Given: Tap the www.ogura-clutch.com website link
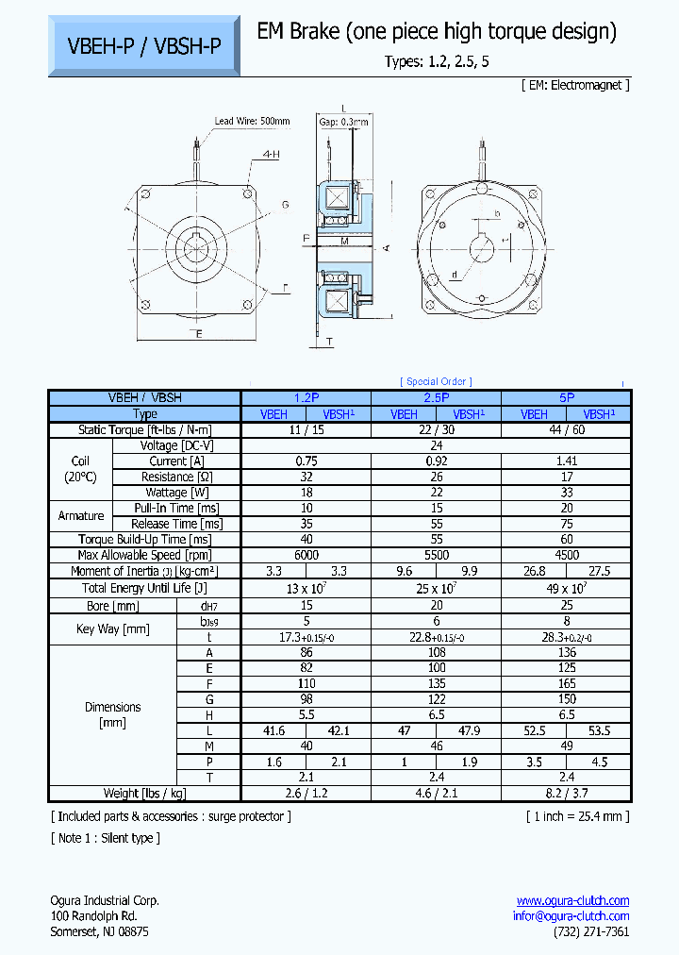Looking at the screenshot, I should coord(572,900).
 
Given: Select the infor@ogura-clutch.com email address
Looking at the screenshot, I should coord(571,915).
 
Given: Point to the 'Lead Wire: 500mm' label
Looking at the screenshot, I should coord(252,121).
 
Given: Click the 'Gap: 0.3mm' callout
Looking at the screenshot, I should coord(343,122).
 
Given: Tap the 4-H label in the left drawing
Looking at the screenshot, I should coord(271,153).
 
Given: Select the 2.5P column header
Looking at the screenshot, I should coord(436,398).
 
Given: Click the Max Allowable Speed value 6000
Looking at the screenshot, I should coord(306,555).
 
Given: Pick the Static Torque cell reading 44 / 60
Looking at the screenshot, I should coord(566,429).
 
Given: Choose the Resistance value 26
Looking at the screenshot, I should coord(436,477).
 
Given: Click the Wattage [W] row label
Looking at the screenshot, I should coord(176,493).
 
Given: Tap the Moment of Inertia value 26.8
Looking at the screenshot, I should coord(534,571).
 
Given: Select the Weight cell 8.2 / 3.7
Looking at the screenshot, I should coord(566,793).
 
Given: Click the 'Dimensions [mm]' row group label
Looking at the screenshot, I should coord(112,714).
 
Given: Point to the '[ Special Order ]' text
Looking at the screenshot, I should coord(436,381).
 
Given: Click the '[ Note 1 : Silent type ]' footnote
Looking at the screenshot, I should coord(105,838).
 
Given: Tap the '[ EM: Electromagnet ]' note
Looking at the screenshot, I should coord(574,85).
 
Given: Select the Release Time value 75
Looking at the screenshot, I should coord(566,524).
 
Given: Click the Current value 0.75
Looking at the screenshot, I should coord(306,461).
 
